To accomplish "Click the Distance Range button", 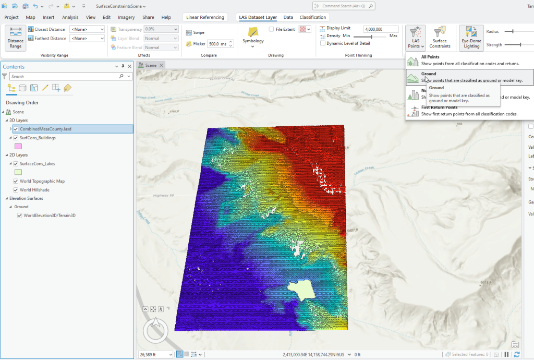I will coord(16,38).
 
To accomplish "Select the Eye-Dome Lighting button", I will coord(471,38).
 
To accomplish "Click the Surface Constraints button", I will coord(440,38).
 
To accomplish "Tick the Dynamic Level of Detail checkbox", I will coord(323,43).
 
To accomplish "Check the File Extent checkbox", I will coord(271,29).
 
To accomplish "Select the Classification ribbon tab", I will coord(313,17).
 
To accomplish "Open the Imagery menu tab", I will coord(126,17).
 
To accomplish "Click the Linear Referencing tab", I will coord(205,17).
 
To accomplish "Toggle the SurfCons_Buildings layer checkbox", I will coord(16,138).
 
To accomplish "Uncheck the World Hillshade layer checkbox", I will coord(16,190).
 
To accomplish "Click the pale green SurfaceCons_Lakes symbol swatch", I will coord(18,172).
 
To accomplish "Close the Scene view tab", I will coord(162,65).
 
